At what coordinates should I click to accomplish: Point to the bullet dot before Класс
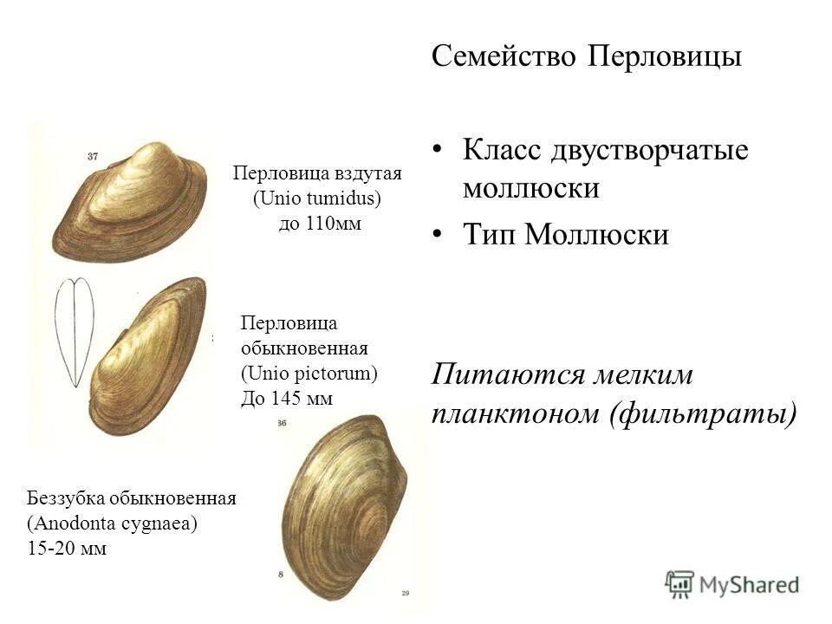[439, 150]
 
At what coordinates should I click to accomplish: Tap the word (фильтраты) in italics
[703, 414]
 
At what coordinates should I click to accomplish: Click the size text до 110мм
[319, 224]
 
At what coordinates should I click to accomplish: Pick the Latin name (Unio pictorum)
[309, 374]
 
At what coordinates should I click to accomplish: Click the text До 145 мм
[286, 398]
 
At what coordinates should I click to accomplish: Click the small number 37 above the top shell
[94, 157]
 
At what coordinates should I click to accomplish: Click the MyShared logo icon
[680, 583]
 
